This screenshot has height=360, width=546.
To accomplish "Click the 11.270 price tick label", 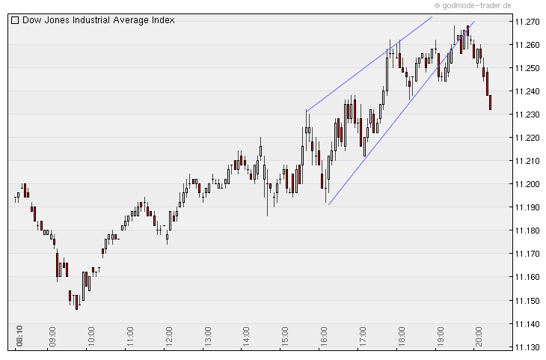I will (x=528, y=22).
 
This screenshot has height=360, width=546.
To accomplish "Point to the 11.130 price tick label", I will (x=528, y=347).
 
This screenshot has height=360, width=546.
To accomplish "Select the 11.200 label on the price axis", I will (x=528, y=184).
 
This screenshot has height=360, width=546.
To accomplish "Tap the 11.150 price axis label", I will (x=528, y=301).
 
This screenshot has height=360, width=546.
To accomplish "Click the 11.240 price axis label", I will (x=528, y=91).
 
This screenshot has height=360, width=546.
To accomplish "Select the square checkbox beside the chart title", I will (x=15, y=20).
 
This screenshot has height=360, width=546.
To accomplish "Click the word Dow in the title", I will (x=32, y=20).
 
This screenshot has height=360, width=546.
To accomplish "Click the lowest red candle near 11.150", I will (x=76, y=302).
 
